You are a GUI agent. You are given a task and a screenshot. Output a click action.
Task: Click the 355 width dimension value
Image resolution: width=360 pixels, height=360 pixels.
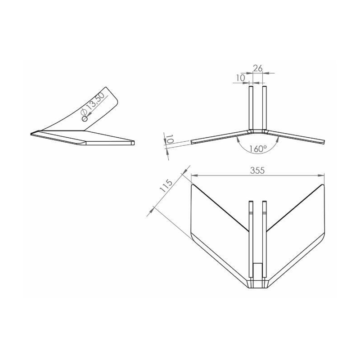point(257,171)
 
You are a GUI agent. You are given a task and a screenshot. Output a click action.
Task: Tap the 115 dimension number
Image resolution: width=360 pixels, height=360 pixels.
point(166,186)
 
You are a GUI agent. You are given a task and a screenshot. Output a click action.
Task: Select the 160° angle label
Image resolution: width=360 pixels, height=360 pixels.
point(258,149)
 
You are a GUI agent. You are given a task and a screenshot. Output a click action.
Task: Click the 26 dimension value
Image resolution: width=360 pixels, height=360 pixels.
point(257,68)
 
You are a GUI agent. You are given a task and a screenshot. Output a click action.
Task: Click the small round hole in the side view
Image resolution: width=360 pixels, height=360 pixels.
point(85,119)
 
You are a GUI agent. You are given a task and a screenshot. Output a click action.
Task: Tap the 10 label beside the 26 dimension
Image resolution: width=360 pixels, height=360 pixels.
point(241,78)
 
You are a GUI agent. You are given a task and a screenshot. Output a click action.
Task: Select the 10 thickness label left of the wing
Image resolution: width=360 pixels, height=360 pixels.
point(170,139)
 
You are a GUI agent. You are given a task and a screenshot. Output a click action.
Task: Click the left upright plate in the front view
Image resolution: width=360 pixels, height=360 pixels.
point(251,108)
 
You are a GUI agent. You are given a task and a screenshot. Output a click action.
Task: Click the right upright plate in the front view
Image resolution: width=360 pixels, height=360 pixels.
point(265,108)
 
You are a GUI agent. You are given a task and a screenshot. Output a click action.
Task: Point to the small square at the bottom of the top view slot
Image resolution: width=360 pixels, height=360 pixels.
point(257,270)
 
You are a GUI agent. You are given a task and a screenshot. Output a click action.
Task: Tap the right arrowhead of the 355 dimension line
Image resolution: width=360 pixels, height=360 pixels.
point(321,175)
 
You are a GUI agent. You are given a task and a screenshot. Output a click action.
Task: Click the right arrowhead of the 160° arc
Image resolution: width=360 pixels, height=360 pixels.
point(278,139)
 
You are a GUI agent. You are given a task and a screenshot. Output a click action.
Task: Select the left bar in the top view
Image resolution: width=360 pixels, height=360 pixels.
point(251,239)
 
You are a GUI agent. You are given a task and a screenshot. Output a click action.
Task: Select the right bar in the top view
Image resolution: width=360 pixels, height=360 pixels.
point(265,239)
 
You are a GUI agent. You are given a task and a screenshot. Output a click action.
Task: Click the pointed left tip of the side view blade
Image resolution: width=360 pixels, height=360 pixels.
point(31,134)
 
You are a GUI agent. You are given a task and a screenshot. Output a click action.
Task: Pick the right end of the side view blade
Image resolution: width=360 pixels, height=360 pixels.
point(134,143)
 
